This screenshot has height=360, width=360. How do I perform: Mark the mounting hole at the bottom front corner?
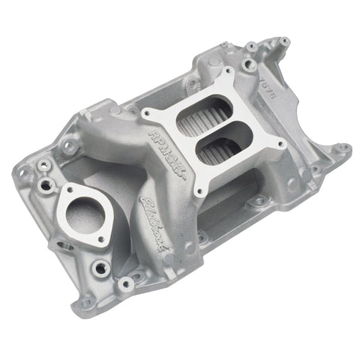coord(127,283)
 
